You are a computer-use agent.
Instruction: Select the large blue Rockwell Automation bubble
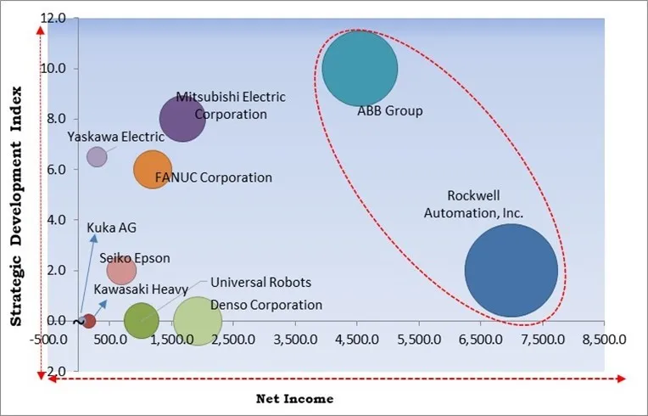click(x=511, y=270)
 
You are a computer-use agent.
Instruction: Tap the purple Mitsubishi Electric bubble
click(x=182, y=119)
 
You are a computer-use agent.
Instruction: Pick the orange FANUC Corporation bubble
click(x=152, y=169)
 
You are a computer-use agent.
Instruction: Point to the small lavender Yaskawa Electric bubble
click(x=98, y=156)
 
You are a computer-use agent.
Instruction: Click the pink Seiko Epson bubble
click(x=121, y=271)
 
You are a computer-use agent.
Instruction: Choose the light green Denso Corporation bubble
click(x=198, y=321)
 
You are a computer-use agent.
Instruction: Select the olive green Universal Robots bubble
click(x=141, y=320)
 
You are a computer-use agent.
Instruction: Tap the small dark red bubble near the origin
click(x=88, y=321)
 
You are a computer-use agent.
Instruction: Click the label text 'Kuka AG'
click(x=111, y=228)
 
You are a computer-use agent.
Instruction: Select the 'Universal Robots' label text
click(x=260, y=283)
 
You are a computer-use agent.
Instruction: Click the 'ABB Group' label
click(x=389, y=111)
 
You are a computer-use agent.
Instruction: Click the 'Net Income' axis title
click(x=294, y=398)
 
